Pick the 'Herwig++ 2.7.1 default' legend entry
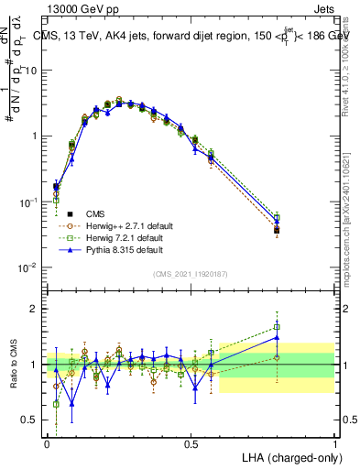[x=122, y=224]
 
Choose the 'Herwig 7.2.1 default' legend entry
[x=119, y=236]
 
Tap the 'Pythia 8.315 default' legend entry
[x=118, y=248]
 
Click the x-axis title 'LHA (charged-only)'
[x=287, y=456]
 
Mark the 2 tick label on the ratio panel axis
[x=37, y=310]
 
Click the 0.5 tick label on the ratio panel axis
[x=32, y=420]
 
